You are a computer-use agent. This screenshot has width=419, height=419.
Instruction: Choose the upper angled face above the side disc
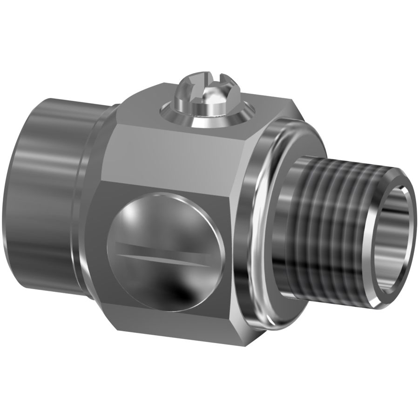coord(177,158)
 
